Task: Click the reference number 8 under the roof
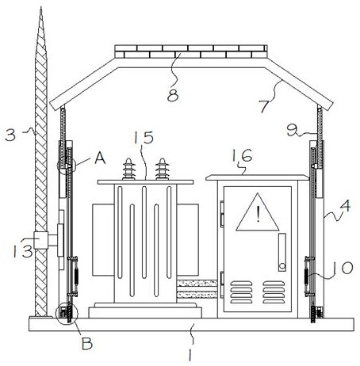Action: click(173, 96)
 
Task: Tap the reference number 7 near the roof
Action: click(264, 106)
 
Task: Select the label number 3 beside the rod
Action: click(10, 135)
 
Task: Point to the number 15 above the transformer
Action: click(144, 137)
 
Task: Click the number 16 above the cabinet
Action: click(242, 155)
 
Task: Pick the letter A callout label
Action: click(100, 158)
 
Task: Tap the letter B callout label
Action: click(87, 344)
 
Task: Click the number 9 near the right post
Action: click(293, 131)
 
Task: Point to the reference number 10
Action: click(342, 268)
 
